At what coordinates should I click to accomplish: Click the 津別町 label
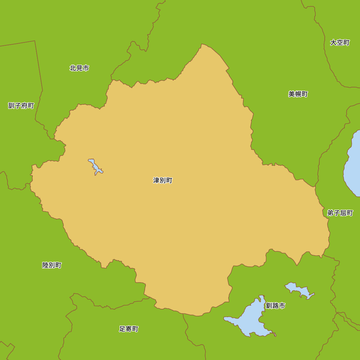[163, 180]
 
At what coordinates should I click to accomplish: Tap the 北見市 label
[79, 68]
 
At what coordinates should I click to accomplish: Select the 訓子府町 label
[21, 105]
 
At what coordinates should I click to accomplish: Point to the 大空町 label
[340, 42]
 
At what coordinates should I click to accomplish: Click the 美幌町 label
[298, 94]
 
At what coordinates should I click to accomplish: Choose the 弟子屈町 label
[340, 213]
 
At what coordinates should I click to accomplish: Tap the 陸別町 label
[52, 265]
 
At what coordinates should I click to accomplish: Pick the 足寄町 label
[129, 329]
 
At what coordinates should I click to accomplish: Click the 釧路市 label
[275, 306]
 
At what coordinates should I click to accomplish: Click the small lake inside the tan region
[95, 167]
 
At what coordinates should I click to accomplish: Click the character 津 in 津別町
[157, 180]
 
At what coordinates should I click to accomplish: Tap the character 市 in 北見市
[86, 68]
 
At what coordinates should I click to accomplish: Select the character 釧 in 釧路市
[269, 306]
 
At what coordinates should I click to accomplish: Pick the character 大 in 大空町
[333, 42]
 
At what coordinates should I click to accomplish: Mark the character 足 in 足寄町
[122, 329]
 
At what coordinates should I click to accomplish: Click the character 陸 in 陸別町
[46, 265]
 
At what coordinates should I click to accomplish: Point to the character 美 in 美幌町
[292, 94]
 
